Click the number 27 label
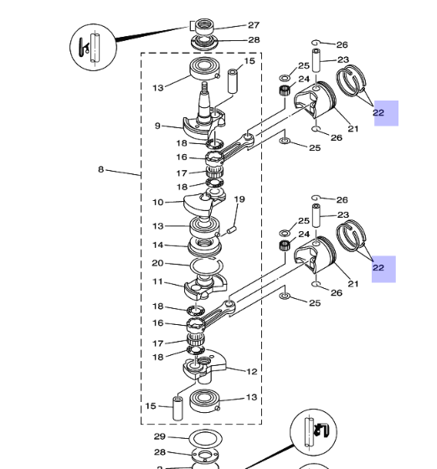254,25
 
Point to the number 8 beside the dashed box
100,169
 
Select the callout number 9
157,126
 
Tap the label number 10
158,203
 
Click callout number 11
157,281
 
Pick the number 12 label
252,372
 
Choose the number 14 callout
158,245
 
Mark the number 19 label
239,199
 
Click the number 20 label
158,263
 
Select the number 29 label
160,436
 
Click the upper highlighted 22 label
378,113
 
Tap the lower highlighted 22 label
378,268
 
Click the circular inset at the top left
93,47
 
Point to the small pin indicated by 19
232,229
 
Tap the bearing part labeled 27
204,26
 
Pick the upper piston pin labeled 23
316,60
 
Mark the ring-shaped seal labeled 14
205,247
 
